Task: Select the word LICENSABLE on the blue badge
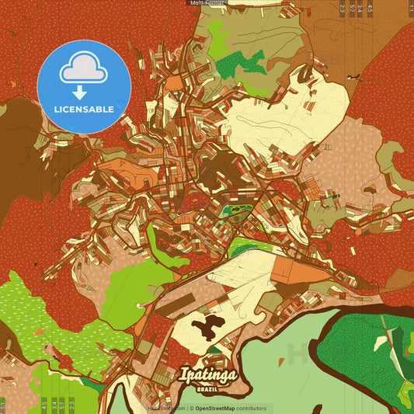83,110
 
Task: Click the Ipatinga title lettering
209,375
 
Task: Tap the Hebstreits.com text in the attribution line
166,408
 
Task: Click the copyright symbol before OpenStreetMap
191,408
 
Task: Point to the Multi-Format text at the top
207,3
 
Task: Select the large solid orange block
291,270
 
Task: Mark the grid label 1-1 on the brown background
409,9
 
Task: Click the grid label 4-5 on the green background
43,405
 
